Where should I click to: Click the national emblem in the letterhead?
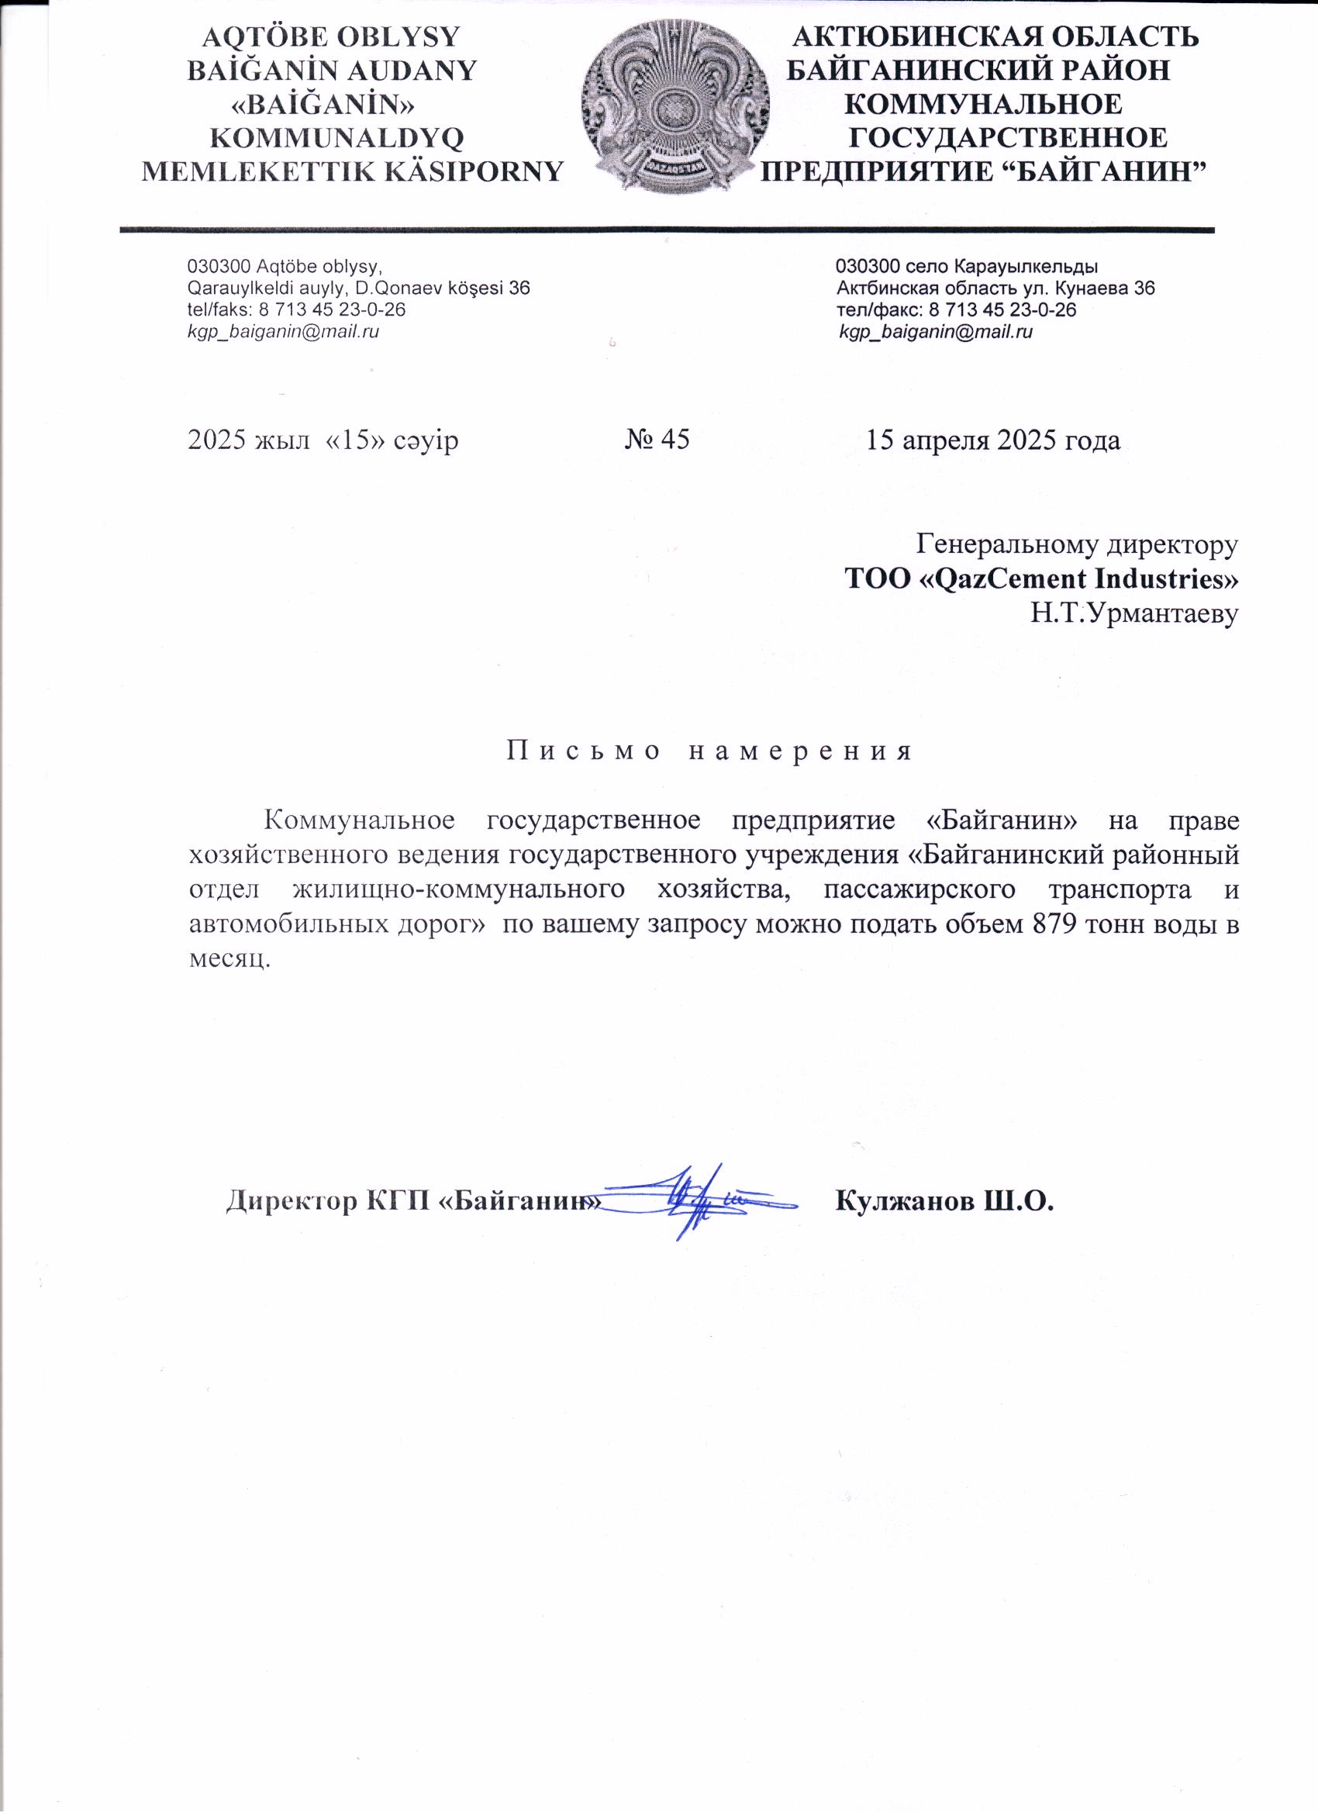(x=675, y=107)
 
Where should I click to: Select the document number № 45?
(x=657, y=440)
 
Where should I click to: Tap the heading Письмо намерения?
(x=709, y=751)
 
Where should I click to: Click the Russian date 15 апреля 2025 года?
(x=992, y=440)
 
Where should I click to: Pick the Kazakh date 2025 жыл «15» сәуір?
(x=323, y=440)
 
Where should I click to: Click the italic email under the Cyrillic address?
(x=935, y=332)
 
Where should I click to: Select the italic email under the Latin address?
(x=283, y=332)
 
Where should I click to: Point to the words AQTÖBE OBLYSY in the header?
(x=331, y=36)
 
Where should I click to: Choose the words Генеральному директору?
(x=1077, y=544)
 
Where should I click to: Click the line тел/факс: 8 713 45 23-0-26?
(x=956, y=310)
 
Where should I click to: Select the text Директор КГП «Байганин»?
(x=412, y=1200)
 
